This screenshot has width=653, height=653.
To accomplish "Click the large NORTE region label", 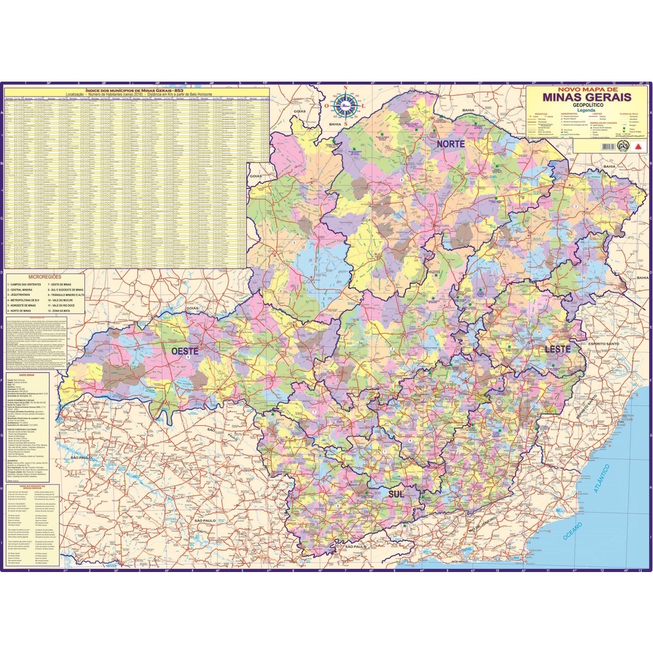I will coord(451,143).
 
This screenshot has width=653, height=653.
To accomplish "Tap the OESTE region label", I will coord(184,351).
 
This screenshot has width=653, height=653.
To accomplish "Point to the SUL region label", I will coord(396,494).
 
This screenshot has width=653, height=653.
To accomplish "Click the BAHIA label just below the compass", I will coord(335,123).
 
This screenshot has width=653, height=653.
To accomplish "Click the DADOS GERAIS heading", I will coord(27,375).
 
